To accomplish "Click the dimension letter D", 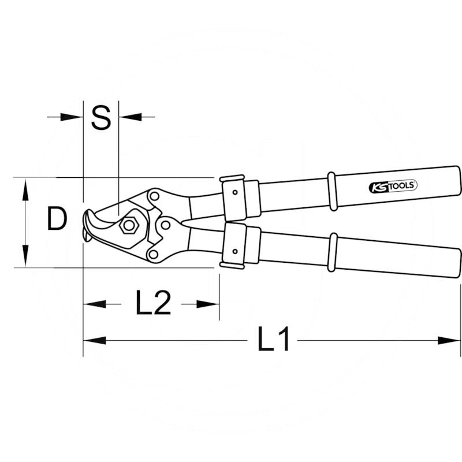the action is click(x=57, y=218).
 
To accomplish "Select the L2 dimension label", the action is click(x=153, y=303).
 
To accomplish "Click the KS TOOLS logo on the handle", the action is click(x=393, y=187).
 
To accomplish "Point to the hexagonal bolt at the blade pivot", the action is click(x=129, y=226).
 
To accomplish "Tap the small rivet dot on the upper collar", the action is click(x=235, y=192).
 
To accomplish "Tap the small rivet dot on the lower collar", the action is click(x=235, y=251).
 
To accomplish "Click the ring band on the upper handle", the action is click(x=332, y=191).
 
